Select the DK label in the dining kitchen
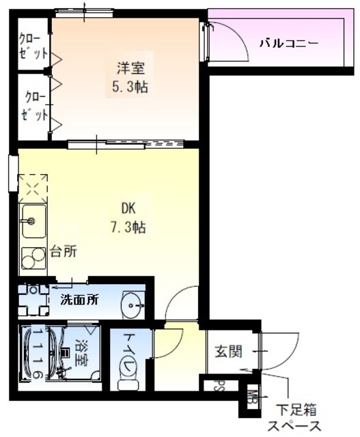click(130, 208)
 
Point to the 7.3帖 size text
click(129, 226)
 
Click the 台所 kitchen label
click(63, 251)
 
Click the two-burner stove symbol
click(30, 257)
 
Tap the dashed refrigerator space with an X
click(33, 186)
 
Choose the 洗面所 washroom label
click(81, 298)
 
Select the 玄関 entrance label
click(230, 352)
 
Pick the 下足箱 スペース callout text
click(296, 419)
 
